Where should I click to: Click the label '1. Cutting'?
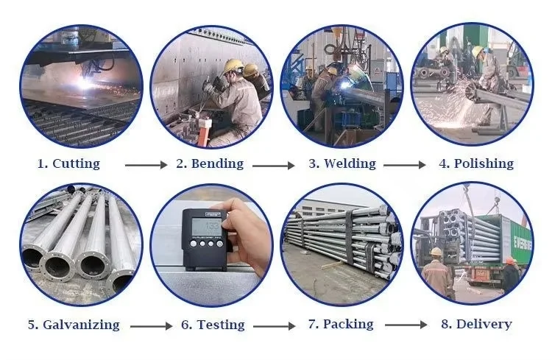[x=68, y=163]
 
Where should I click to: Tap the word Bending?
[x=217, y=163]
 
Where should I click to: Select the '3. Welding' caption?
[x=342, y=163]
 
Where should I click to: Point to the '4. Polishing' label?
[x=476, y=163]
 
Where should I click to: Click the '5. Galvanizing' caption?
[x=74, y=325]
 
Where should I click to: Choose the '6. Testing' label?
[x=213, y=325]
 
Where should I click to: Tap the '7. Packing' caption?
[x=341, y=325]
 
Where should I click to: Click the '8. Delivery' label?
[x=477, y=324]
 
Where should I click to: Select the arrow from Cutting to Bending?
[x=146, y=165]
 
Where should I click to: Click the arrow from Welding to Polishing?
[x=405, y=164]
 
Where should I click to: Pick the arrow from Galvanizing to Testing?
[x=151, y=326]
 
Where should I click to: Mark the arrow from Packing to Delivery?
[x=406, y=325]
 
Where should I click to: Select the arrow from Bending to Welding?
[x=274, y=165]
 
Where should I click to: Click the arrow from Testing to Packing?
[x=275, y=326]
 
